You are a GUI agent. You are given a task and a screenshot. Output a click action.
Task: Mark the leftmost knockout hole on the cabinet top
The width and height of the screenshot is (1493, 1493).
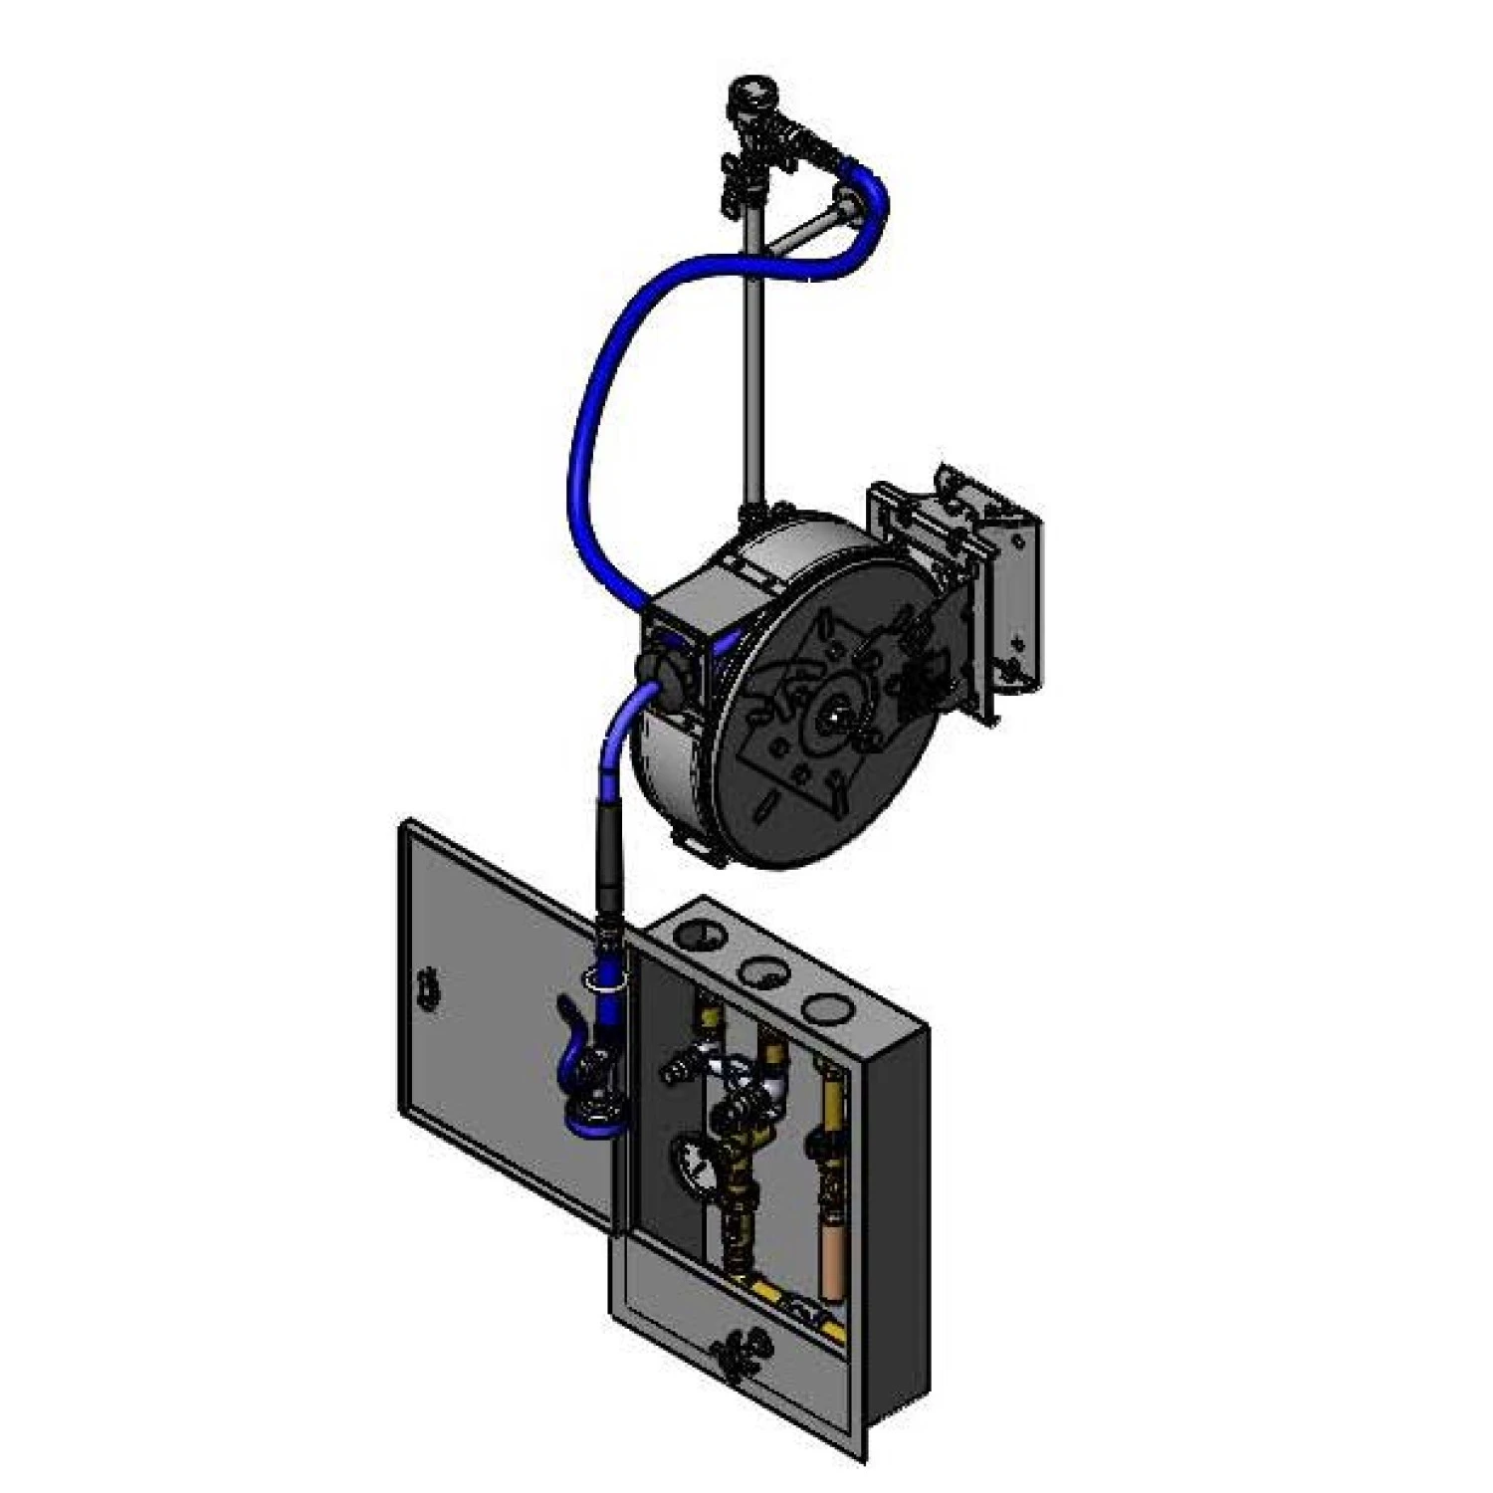[x=700, y=937]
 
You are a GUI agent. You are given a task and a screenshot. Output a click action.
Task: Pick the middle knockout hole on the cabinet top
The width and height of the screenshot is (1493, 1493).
[x=761, y=970]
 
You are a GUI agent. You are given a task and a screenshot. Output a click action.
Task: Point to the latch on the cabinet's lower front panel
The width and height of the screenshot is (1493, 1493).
[x=736, y=1353]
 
